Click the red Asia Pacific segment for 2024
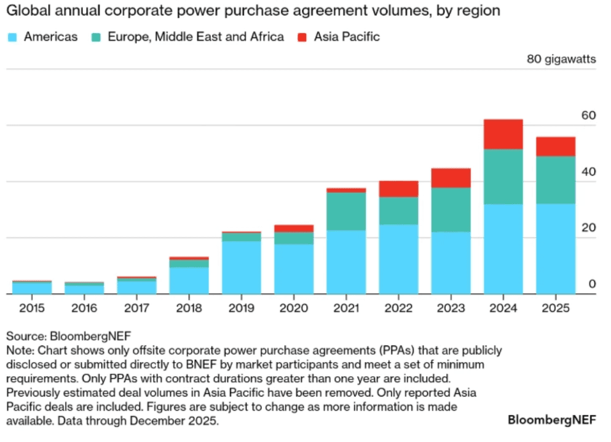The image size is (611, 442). (x=503, y=134)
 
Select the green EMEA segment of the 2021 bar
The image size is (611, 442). (x=346, y=211)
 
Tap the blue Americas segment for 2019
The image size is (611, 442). (x=242, y=267)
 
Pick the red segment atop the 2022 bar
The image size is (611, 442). (x=398, y=189)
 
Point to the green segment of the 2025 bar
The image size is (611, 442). (x=556, y=180)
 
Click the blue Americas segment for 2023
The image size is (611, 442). (x=451, y=262)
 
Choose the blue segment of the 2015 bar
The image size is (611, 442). (x=32, y=288)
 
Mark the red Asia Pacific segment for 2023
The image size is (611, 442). (x=451, y=178)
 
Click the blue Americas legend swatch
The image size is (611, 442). (x=12, y=37)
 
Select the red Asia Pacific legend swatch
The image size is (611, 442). (x=302, y=37)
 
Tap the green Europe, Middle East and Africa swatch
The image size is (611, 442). (x=96, y=37)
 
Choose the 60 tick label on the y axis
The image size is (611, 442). (x=588, y=115)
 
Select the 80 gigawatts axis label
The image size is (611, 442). (x=561, y=59)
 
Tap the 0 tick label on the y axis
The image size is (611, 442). (x=591, y=284)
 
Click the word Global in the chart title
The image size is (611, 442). (x=25, y=10)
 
